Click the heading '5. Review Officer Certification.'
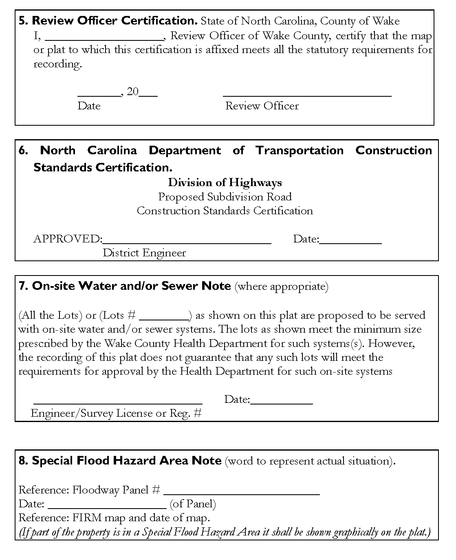(108, 20)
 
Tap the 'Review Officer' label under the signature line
(262, 106)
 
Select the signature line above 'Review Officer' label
(307, 95)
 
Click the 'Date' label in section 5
(89, 106)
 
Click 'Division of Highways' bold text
(225, 182)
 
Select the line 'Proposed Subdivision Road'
(225, 197)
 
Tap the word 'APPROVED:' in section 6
(68, 239)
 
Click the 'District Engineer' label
(144, 253)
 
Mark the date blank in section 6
(350, 242)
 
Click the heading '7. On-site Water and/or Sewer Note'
(125, 286)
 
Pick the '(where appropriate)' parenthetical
(282, 286)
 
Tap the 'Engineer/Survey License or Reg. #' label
(116, 413)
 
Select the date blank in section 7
(282, 402)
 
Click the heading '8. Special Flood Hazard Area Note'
(120, 461)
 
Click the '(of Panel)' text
(193, 504)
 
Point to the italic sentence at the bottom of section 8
(225, 532)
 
